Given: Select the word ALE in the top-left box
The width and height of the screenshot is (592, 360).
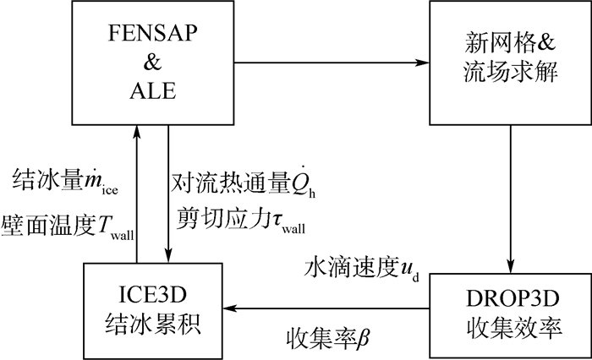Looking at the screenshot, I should point(153,88).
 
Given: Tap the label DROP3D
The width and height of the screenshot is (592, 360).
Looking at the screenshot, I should point(506,297).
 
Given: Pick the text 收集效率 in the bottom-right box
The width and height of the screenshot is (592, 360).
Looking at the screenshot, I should point(506,325).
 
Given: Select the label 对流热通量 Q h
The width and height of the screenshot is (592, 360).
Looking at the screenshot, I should point(245,182).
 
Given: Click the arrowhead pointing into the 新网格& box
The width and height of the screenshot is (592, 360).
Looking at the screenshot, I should point(423,62).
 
